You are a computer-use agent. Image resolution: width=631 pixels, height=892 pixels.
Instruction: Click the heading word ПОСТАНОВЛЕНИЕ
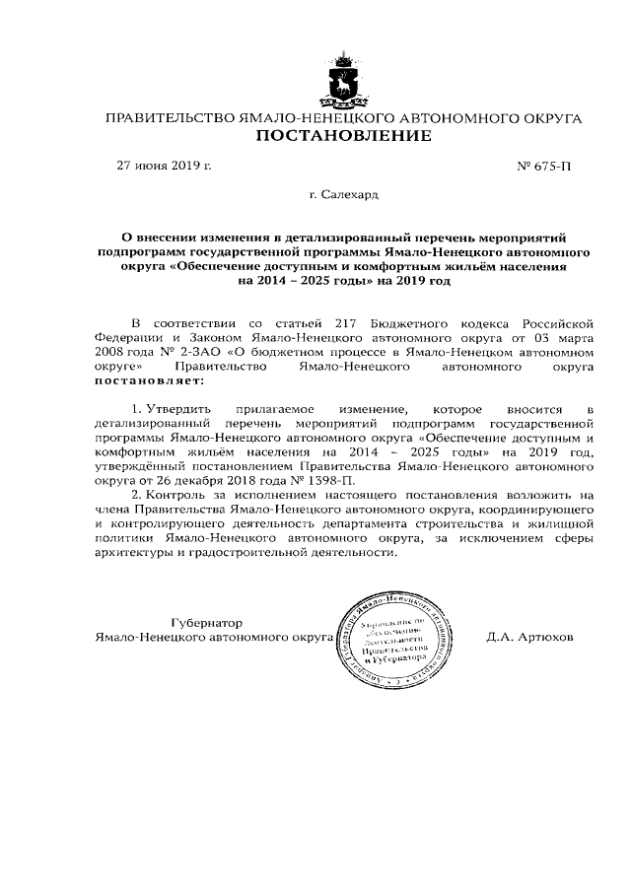pos(343,137)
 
